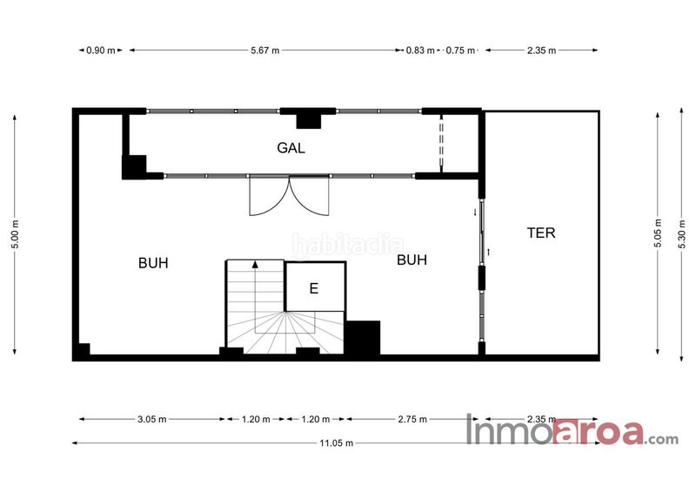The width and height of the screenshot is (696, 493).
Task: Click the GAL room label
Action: [291, 147]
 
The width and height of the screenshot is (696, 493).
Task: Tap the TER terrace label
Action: [541, 233]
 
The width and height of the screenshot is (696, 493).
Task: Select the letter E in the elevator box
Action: [314, 288]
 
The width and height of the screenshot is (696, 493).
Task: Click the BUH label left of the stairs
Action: [153, 263]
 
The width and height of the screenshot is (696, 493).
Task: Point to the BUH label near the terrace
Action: [412, 260]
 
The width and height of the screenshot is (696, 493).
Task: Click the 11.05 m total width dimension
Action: [337, 442]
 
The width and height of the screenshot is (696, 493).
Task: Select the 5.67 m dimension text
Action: [265, 51]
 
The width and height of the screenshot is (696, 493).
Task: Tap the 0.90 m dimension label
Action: [101, 51]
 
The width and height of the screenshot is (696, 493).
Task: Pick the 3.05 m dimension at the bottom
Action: [151, 419]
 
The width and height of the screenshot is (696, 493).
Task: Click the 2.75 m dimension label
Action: [412, 419]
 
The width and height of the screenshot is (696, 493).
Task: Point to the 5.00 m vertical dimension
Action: [15, 234]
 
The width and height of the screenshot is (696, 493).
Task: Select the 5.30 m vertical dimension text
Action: [682, 234]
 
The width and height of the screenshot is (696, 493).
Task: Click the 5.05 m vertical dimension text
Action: [658, 234]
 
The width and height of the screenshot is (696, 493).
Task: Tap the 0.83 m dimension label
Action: [420, 51]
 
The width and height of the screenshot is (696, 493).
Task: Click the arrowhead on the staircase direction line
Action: [255, 265]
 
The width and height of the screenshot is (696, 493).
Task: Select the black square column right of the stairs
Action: [363, 337]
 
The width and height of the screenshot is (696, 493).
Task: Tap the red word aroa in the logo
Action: [599, 432]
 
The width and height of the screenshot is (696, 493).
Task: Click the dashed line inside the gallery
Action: [441, 142]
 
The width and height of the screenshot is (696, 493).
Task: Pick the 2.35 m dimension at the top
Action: [541, 51]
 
